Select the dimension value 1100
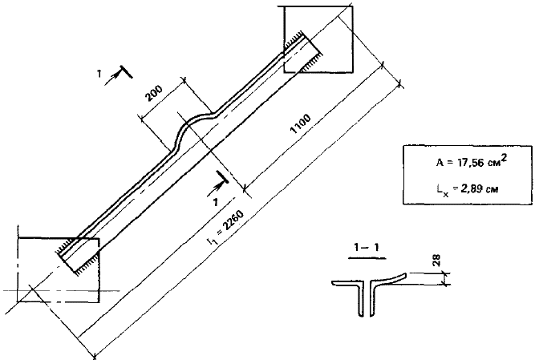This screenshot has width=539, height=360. coord(301,123)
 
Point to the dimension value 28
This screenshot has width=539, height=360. coord(436,261)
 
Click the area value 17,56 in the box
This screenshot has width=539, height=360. coord(468,163)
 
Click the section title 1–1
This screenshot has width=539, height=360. coord(367,247)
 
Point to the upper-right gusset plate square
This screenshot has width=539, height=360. coord(318,39)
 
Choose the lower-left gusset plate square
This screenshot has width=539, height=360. coord(59,270)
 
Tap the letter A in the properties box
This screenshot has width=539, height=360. coord(440,163)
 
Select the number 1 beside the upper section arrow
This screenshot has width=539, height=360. coord(99,73)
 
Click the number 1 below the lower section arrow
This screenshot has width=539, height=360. coord(215,203)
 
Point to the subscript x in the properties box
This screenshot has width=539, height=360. coord(446,195)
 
